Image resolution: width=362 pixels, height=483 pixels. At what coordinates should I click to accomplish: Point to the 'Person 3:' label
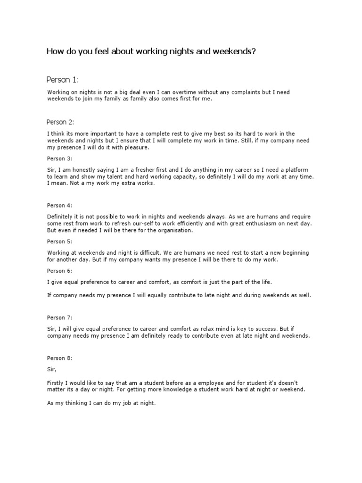60,159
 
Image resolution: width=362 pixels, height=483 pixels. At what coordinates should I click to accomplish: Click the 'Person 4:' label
60,205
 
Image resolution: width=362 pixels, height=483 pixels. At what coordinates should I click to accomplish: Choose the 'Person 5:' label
60,241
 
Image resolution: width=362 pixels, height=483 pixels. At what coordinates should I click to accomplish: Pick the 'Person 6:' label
60,271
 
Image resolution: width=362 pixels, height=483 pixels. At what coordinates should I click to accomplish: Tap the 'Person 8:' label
60,358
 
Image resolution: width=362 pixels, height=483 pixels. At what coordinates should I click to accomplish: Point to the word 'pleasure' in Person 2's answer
137,148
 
